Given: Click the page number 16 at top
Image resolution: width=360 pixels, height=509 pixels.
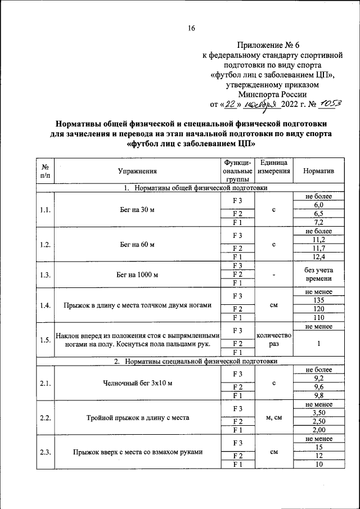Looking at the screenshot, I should (191, 29).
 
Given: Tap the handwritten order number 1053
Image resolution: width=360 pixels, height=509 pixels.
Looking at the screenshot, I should (330, 103).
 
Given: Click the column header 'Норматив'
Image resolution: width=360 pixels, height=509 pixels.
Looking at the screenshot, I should (318, 172).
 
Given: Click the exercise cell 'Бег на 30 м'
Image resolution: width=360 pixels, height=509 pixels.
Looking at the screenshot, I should (137, 210).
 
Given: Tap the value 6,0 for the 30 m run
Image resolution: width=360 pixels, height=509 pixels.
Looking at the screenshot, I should (318, 205).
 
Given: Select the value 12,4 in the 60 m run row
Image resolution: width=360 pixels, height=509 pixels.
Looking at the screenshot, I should (318, 258).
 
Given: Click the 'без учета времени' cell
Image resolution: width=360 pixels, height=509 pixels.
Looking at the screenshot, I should (318, 274).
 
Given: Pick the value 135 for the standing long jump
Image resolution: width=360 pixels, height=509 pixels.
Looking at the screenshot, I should (318, 300).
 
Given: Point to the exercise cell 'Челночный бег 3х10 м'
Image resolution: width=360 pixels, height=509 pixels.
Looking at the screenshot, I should (137, 384).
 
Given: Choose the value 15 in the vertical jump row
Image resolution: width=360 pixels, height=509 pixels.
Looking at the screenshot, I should (318, 448).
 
